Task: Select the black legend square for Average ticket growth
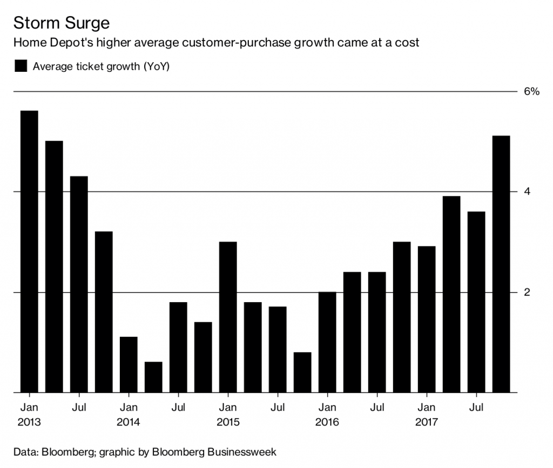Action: (x=21, y=66)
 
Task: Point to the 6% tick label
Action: (x=532, y=92)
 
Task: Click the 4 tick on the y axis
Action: (x=528, y=192)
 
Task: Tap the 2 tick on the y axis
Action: (x=528, y=293)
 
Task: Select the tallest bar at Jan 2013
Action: (x=29, y=251)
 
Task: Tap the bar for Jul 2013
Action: (x=79, y=284)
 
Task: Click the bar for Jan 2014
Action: (x=129, y=365)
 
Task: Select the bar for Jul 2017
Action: (x=476, y=302)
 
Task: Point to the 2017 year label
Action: (x=427, y=422)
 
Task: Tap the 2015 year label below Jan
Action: (x=228, y=422)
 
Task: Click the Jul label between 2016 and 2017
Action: (x=377, y=406)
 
